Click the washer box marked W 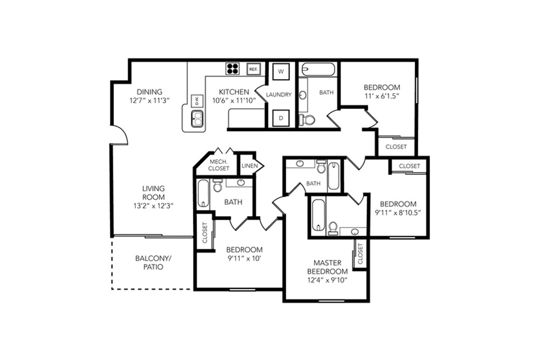click(281, 71)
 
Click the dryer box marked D click(281, 118)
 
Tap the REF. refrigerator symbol click(253, 69)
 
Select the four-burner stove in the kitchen click(233, 68)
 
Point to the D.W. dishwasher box click(197, 100)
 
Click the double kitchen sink click(197, 119)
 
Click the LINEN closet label click(250, 166)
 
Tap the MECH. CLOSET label click(219, 165)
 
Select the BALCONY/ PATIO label click(153, 262)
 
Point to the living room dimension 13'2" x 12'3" click(154, 206)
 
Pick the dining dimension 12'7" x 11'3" click(150, 100)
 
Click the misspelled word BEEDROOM click(328, 271)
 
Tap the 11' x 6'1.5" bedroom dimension click(382, 96)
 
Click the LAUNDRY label click(279, 95)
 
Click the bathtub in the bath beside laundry click(318, 69)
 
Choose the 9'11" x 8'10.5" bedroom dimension click(398, 213)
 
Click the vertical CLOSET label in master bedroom click(360, 254)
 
